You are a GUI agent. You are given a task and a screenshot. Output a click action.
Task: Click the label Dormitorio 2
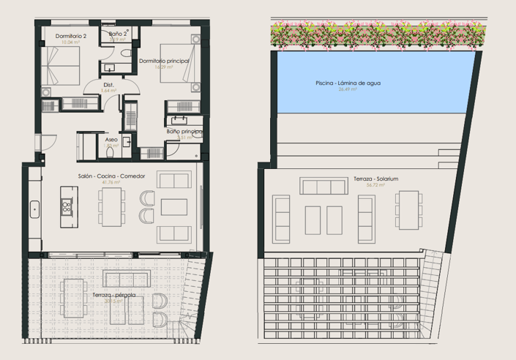click(x=71, y=36)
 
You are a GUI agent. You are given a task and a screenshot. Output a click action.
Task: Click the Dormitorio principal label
click(x=164, y=60)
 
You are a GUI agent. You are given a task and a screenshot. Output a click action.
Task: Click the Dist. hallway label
click(x=108, y=85)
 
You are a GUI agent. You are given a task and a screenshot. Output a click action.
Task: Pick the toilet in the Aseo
click(x=125, y=142)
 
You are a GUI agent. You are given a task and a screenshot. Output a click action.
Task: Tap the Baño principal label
click(x=184, y=131)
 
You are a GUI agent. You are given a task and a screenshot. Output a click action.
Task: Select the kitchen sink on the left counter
click(x=34, y=210)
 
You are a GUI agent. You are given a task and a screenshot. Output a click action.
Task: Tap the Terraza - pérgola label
click(x=113, y=294)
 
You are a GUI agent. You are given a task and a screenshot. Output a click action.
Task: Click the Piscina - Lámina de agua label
click(x=348, y=83)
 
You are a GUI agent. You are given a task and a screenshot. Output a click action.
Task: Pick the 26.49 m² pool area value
click(x=348, y=90)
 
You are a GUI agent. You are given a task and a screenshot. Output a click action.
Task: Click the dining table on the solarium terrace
click(x=408, y=209)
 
